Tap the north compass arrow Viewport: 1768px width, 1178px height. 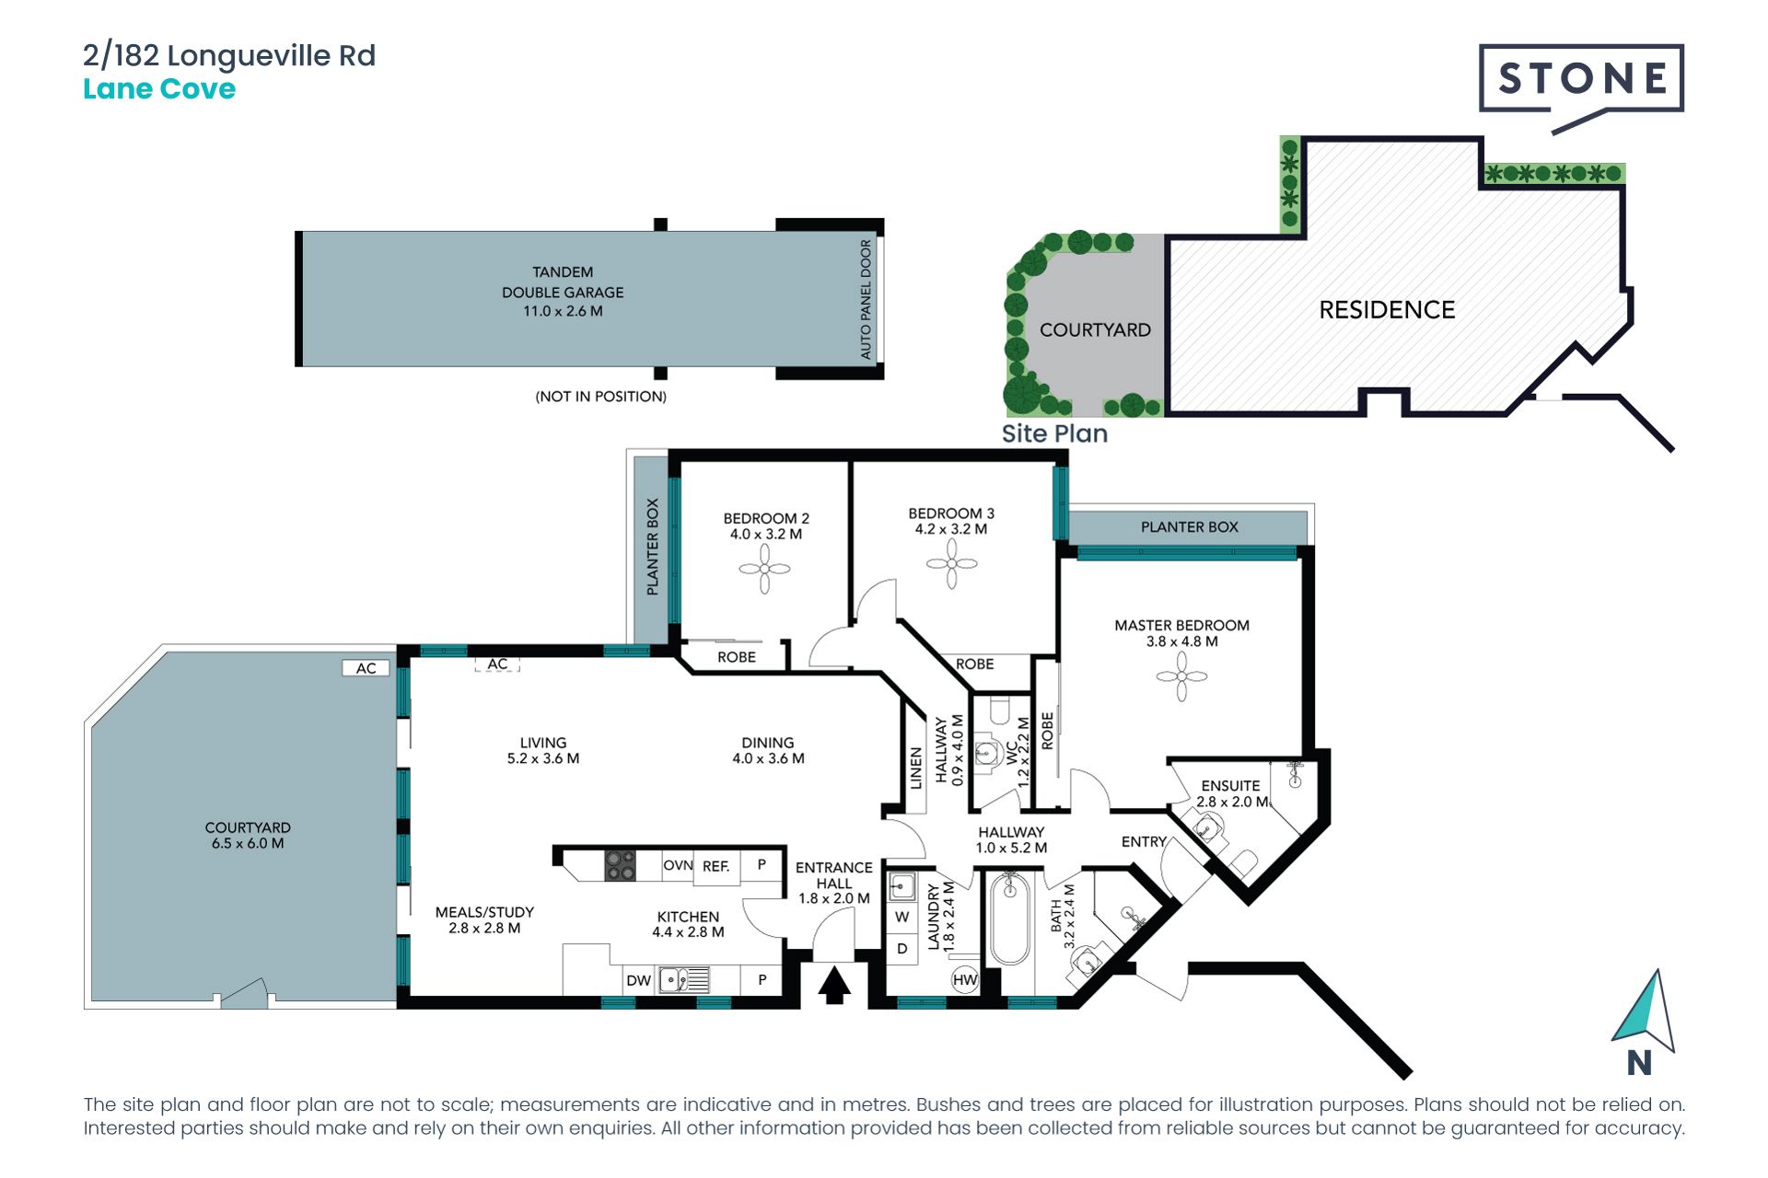[1646, 1012]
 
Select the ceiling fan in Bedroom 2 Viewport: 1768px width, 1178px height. [764, 569]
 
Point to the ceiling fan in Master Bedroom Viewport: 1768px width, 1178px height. [1181, 676]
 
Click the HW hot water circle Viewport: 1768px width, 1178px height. [964, 979]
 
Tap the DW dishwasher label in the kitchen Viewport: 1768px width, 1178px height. [638, 980]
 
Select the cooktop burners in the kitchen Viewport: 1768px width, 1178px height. [620, 866]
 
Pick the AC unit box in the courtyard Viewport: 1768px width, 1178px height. [366, 668]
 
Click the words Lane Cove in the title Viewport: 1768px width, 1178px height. [159, 89]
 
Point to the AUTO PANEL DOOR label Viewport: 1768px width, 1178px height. [866, 299]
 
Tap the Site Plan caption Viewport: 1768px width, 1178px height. [1054, 433]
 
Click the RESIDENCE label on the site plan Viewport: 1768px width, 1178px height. [1387, 310]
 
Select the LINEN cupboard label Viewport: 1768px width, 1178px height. [915, 768]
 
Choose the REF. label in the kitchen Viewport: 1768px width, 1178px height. [715, 866]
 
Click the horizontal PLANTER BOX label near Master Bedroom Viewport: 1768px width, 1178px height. [1189, 527]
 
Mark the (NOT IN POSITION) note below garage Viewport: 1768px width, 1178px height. [600, 397]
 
